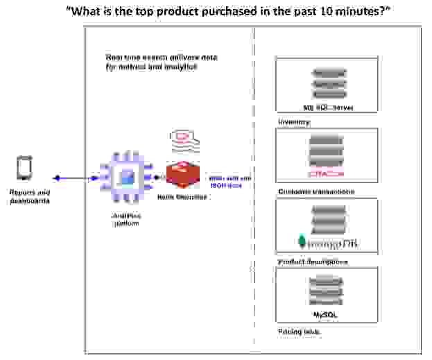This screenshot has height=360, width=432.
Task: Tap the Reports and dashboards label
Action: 30,197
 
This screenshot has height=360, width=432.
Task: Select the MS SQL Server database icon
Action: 327,82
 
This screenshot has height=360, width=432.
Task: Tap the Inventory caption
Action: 294,121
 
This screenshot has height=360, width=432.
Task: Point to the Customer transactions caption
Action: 316,191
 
